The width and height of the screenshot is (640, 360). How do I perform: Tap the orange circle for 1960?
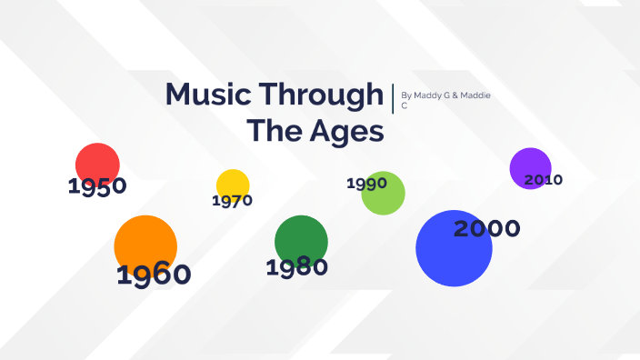145,243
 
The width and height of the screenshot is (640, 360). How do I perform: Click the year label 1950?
97,187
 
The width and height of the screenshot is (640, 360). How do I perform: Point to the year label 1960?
154,275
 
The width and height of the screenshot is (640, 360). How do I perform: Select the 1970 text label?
232,201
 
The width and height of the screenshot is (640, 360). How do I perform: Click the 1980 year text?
296,267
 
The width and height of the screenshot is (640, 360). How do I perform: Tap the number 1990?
366,184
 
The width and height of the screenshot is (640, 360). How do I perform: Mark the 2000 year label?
486,229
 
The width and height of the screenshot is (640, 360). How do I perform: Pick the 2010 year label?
543,180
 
